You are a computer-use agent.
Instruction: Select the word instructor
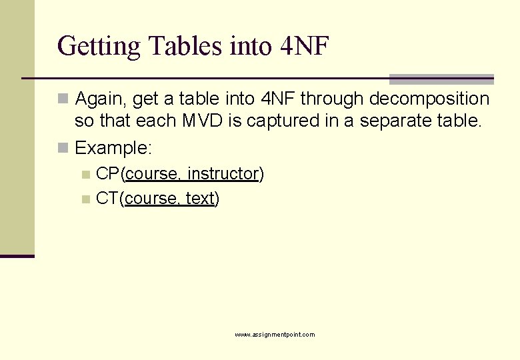click(x=223, y=174)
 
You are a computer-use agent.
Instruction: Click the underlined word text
click(x=199, y=199)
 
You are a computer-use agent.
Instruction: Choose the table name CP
click(x=108, y=174)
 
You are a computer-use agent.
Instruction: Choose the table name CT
click(x=107, y=199)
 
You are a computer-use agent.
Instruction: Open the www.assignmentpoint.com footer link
click(x=275, y=334)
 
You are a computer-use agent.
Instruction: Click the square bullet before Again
click(x=63, y=100)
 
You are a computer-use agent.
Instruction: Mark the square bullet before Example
click(x=63, y=148)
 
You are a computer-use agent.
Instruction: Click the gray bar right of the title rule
click(x=441, y=79)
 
